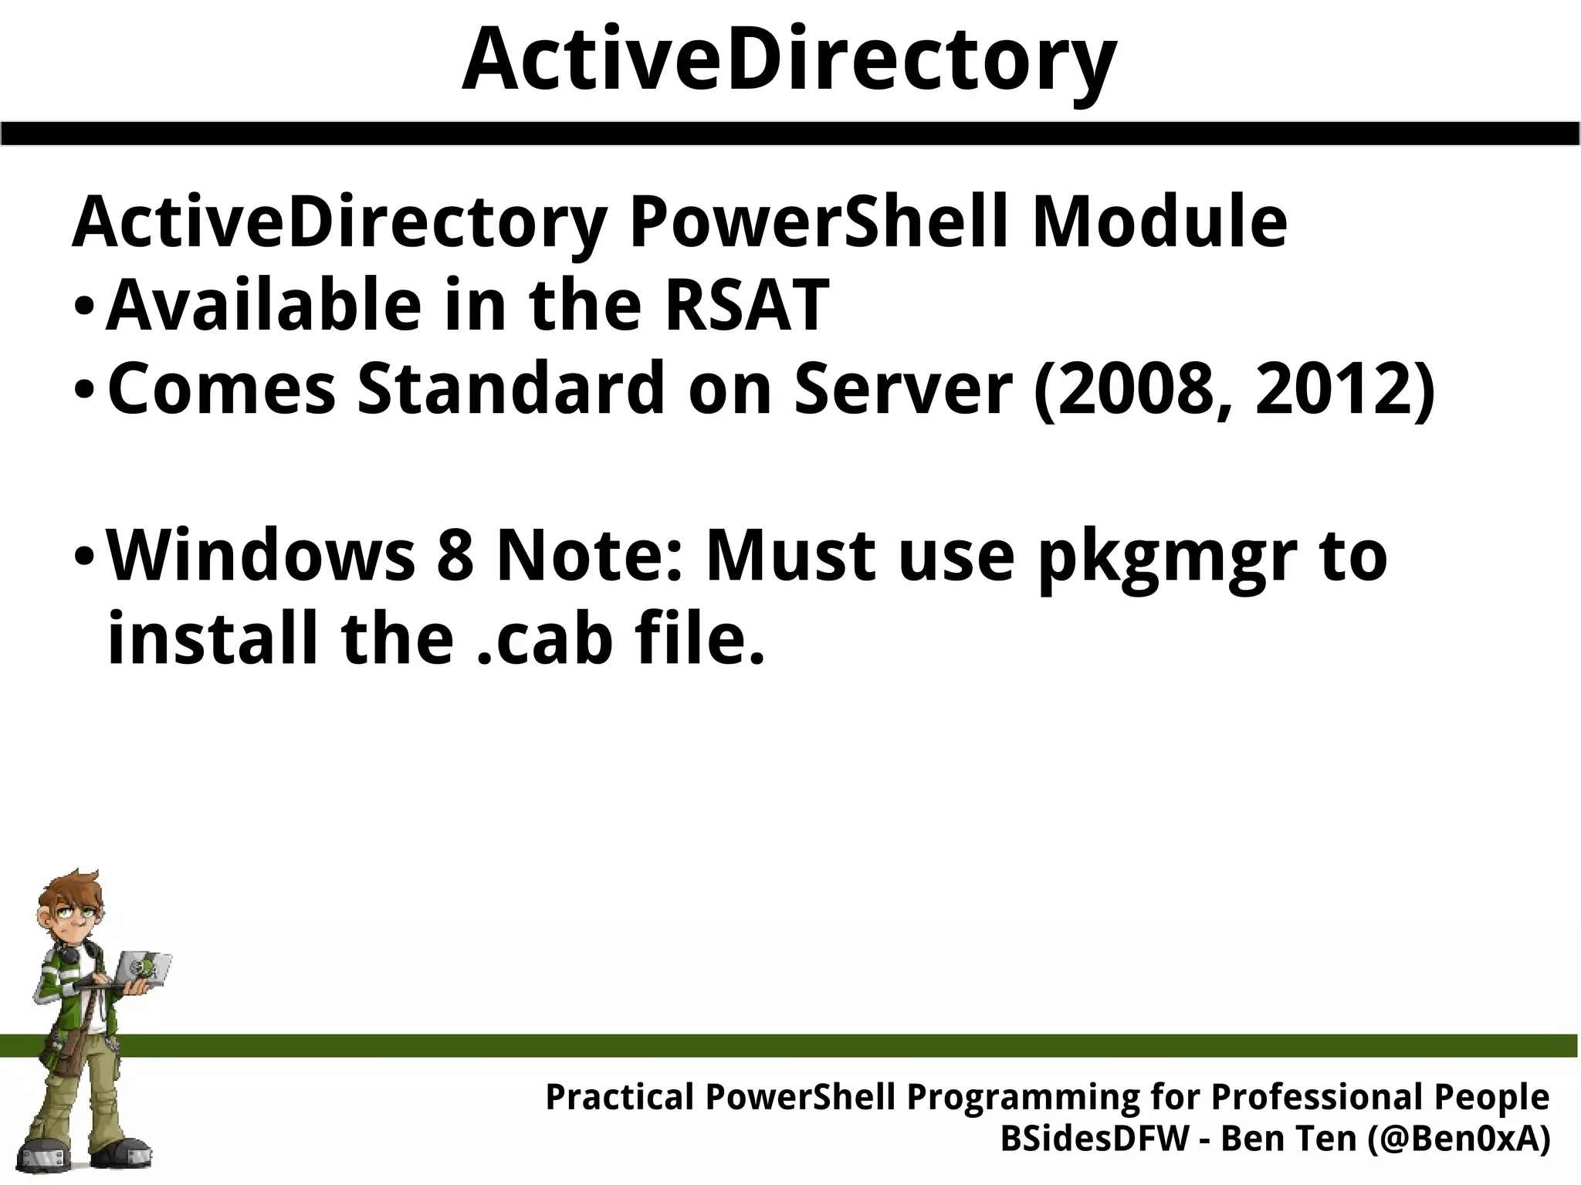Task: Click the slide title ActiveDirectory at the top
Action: [788, 60]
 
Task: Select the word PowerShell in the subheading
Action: [819, 223]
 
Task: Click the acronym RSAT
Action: [746, 306]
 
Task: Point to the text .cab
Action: [537, 640]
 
